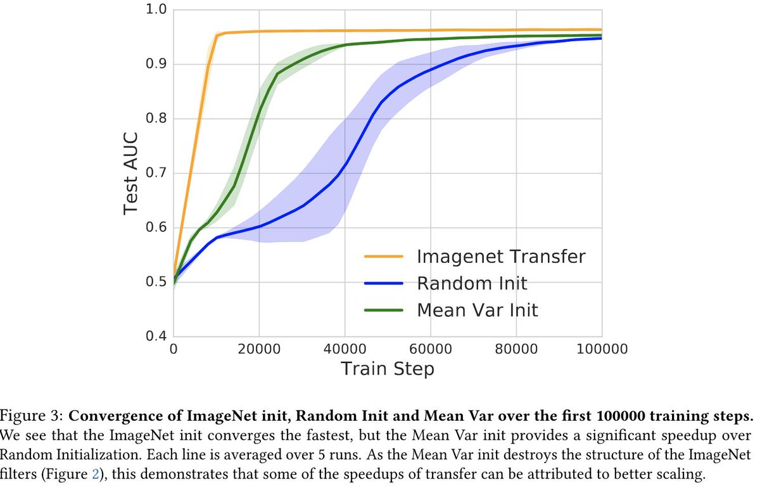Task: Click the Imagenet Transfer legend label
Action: click(x=500, y=257)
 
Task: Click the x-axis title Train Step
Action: click(x=388, y=368)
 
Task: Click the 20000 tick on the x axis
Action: click(x=260, y=349)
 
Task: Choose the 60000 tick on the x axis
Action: click(x=431, y=349)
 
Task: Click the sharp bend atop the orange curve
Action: click(x=218, y=34)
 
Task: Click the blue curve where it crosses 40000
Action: click(x=345, y=165)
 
